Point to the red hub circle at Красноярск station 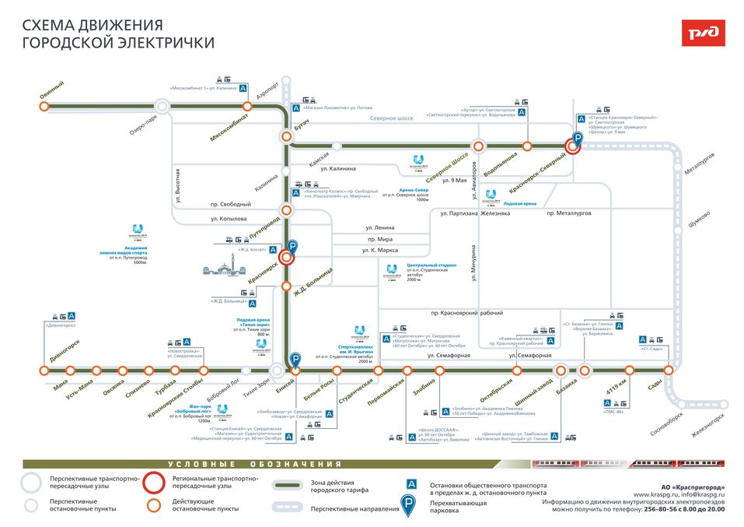click(x=287, y=258)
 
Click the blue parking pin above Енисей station click(x=295, y=360)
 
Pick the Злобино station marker click(x=439, y=371)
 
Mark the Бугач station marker click(x=287, y=138)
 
